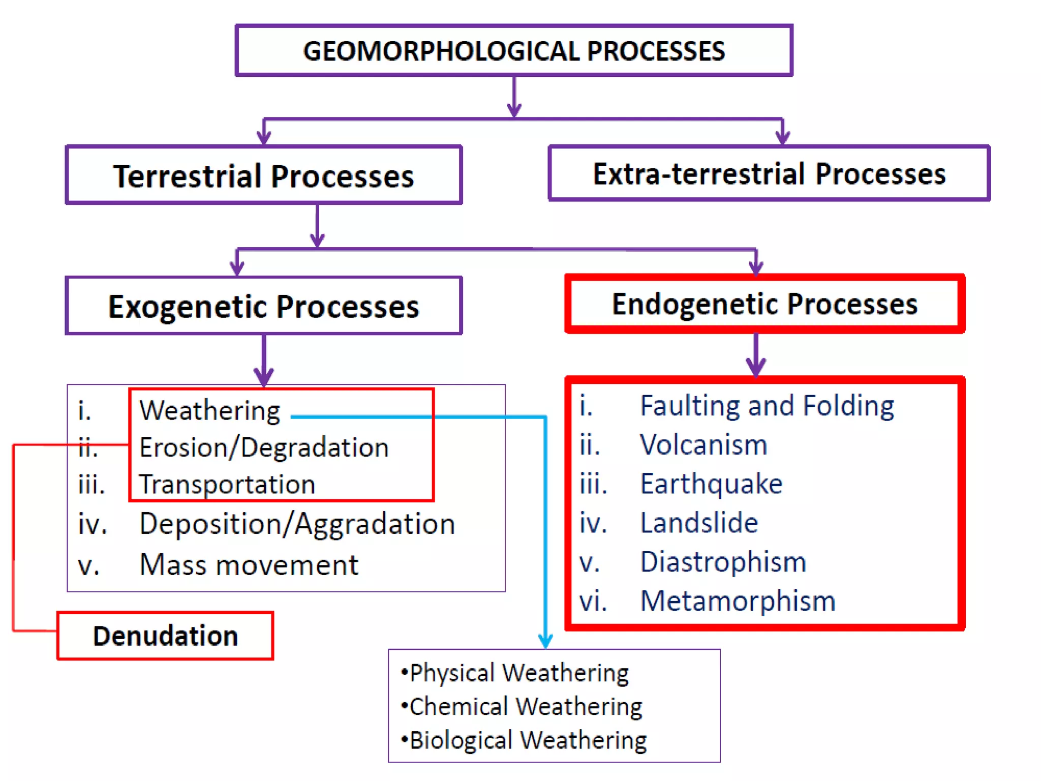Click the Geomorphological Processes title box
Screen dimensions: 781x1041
tap(513, 51)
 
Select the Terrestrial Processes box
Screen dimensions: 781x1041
tap(263, 175)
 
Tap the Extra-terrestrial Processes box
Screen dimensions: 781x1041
tap(769, 174)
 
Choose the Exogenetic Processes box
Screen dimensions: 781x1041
tap(263, 306)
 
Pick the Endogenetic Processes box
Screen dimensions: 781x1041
tap(764, 304)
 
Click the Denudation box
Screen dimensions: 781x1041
tap(165, 636)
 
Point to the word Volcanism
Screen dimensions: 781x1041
tap(703, 445)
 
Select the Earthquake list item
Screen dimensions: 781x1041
tap(711, 484)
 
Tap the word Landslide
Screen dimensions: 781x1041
tap(699, 523)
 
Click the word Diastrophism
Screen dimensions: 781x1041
tap(723, 562)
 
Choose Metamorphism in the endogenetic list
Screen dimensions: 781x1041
tap(738, 601)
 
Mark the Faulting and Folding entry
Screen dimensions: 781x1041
tap(767, 406)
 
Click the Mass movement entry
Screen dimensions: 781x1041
tap(249, 565)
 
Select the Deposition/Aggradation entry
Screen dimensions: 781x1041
tap(297, 524)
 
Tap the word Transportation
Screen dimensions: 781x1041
tap(227, 484)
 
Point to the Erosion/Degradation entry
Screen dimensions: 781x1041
tap(264, 447)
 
